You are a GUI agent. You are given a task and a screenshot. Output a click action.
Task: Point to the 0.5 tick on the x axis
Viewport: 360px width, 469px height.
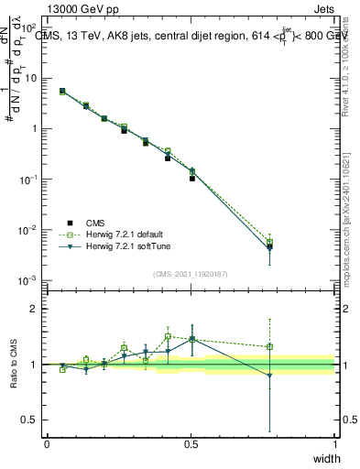click(191, 444)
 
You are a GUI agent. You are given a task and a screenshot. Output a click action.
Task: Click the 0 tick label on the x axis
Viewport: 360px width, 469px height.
click(47, 444)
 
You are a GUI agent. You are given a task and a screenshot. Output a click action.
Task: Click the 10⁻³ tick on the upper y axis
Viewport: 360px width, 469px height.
click(27, 279)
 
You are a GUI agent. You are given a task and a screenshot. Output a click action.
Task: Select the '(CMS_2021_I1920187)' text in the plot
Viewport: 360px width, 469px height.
click(190, 273)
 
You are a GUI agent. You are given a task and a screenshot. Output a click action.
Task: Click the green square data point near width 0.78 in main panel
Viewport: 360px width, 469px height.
click(269, 242)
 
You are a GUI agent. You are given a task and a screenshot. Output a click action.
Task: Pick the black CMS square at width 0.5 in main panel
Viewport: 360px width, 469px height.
click(192, 178)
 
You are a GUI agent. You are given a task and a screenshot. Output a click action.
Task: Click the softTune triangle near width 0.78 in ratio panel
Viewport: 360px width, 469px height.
click(269, 376)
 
